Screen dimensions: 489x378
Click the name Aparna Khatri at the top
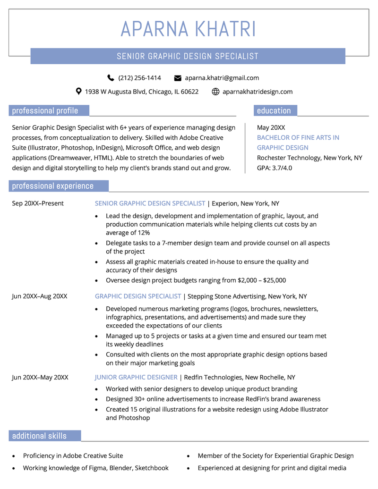coord(188,29)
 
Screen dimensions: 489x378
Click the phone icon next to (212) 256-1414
coord(111,78)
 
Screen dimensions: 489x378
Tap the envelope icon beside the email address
coord(178,78)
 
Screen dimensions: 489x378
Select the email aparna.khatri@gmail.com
coord(222,78)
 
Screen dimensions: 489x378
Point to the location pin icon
coord(79,92)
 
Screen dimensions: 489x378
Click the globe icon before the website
coord(215,92)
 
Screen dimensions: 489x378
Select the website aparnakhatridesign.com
coord(258,92)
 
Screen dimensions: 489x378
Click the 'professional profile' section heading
coord(45,111)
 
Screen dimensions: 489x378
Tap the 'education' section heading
coord(274,111)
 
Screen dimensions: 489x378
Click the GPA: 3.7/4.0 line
coord(275,168)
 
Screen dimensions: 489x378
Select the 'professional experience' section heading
coord(53,186)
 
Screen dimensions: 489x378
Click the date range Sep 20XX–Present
coord(38,203)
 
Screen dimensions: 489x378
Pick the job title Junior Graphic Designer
coord(136,377)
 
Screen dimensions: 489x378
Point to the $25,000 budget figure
coord(275,280)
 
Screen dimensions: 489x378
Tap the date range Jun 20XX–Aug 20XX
coord(40,296)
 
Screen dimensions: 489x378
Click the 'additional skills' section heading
coord(39,436)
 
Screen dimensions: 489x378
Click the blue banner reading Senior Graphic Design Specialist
coord(188,56)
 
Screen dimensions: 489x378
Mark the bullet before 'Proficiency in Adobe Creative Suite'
coord(13,456)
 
